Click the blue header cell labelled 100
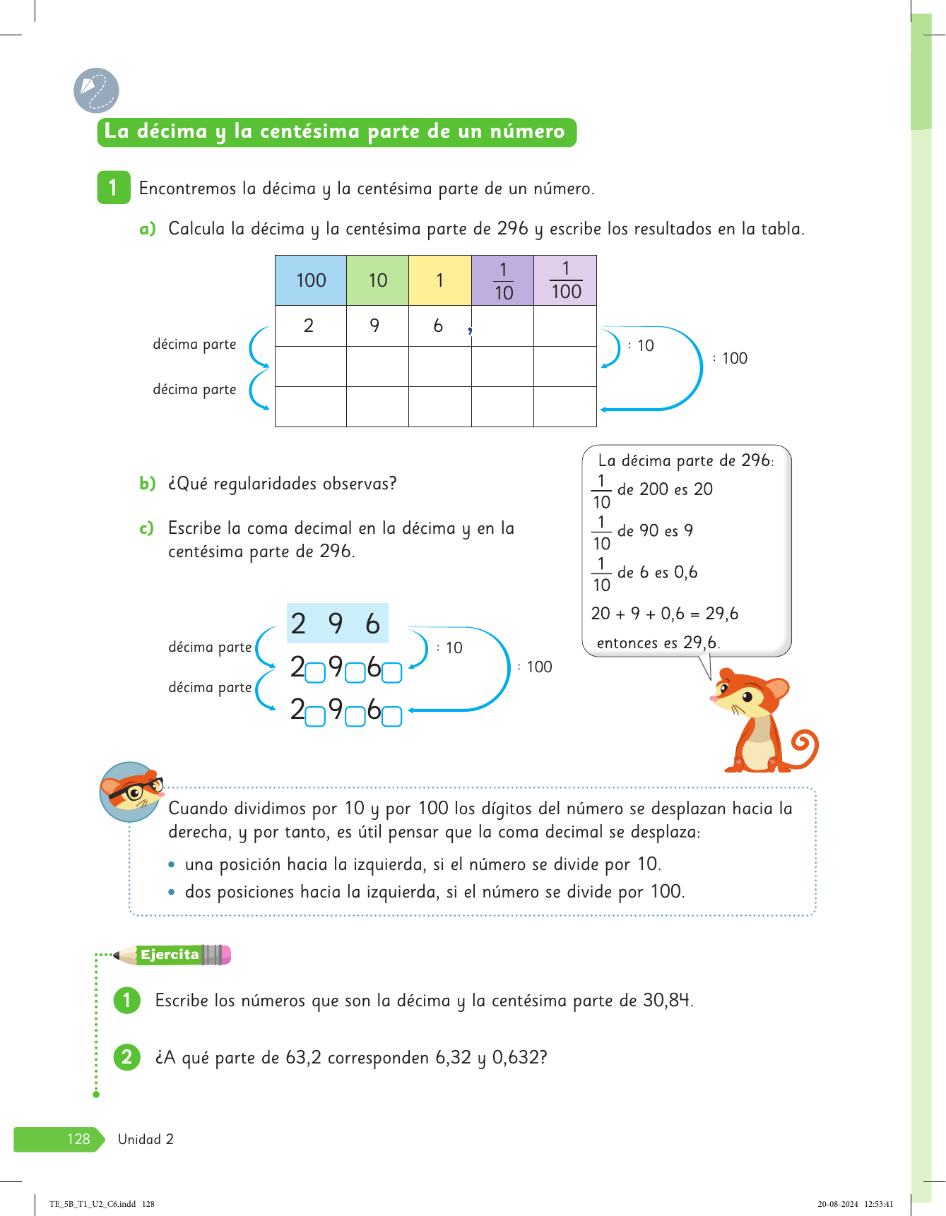click(x=311, y=280)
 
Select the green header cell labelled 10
click(x=378, y=280)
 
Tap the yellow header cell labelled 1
click(x=439, y=280)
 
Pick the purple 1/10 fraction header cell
click(x=503, y=280)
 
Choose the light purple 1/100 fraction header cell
click(x=565, y=280)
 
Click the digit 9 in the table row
click(x=374, y=326)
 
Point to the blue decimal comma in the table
click(x=470, y=330)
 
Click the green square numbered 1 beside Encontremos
click(x=113, y=188)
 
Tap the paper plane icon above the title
click(x=96, y=90)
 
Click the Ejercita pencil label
click(x=170, y=955)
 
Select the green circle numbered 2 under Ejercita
click(x=127, y=1057)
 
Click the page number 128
click(x=78, y=1139)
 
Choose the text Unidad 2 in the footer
click(x=146, y=1139)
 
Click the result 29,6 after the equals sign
click(x=721, y=614)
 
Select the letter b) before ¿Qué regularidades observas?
click(x=147, y=484)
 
